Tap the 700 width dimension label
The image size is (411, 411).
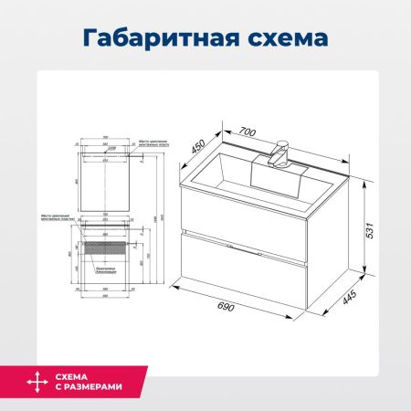click(x=246, y=131)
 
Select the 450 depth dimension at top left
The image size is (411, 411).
click(x=195, y=147)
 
